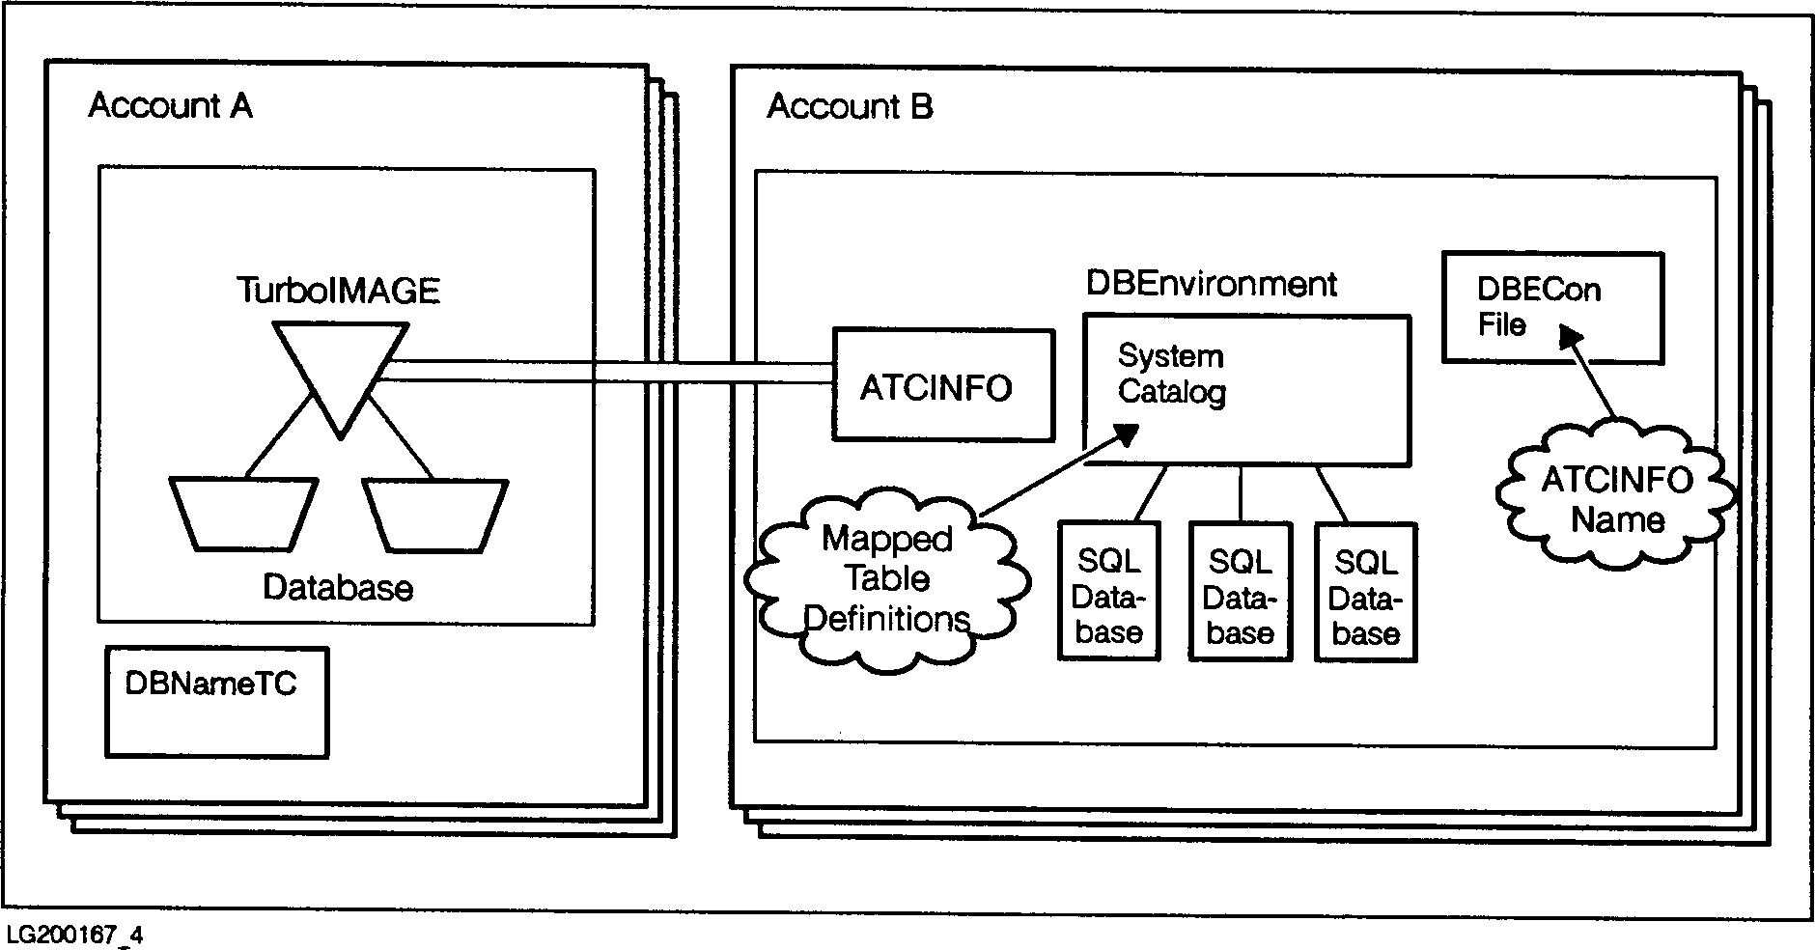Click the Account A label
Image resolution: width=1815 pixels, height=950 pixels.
tap(170, 105)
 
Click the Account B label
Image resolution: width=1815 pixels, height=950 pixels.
tap(850, 106)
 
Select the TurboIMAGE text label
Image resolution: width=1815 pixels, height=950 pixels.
tap(338, 290)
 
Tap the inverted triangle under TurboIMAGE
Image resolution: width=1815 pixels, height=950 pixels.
tap(339, 372)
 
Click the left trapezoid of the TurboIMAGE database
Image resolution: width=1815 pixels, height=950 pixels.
tap(242, 514)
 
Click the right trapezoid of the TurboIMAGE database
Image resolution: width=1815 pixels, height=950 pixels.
tap(435, 515)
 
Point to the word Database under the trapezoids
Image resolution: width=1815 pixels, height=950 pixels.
tap(338, 588)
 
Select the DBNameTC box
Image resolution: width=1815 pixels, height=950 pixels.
tap(216, 701)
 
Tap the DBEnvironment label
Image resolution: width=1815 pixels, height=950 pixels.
tap(1212, 284)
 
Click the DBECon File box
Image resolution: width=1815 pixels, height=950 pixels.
tap(1551, 307)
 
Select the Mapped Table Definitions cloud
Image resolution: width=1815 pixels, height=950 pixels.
tap(886, 578)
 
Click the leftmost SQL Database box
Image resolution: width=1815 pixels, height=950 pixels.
tap(1108, 591)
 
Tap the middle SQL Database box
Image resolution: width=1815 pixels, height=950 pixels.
tap(1240, 591)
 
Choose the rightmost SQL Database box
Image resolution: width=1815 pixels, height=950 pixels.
tap(1365, 592)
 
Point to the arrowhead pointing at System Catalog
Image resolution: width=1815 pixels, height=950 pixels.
tap(1125, 433)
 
